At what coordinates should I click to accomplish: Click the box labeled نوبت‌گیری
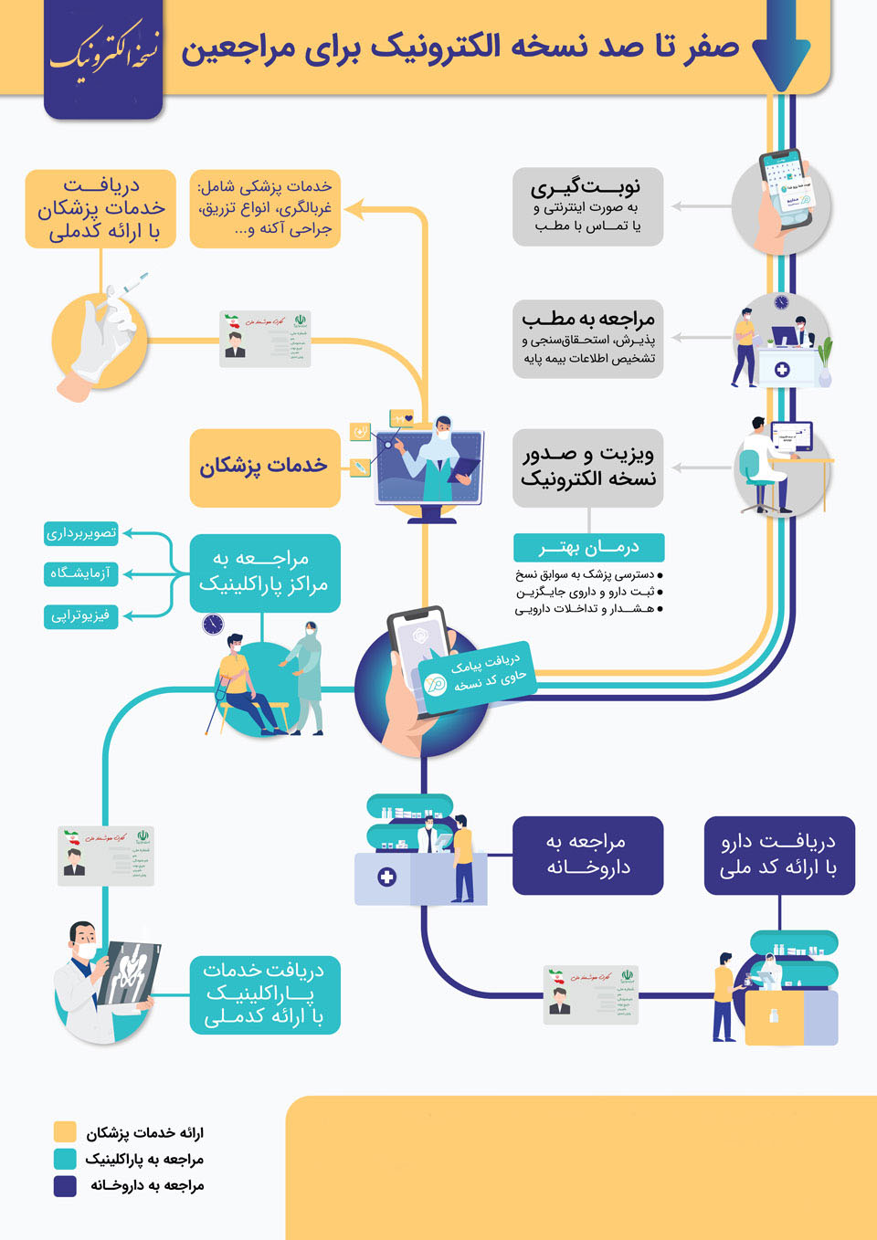pos(587,206)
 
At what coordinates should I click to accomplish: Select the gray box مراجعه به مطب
pos(587,339)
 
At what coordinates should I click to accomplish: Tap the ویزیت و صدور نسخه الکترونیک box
pos(587,467)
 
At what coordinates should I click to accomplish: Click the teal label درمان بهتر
pos(588,547)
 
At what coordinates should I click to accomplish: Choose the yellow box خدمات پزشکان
pos(265,468)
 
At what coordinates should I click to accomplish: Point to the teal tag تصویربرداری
pos(81,533)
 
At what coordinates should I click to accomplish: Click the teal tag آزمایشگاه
pos(81,573)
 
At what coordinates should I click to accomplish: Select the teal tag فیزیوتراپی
pos(81,615)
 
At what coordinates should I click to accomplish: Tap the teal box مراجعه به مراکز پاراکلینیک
pos(265,573)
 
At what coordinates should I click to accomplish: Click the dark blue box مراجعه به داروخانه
pos(587,855)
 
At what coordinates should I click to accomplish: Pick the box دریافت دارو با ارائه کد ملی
pos(779,855)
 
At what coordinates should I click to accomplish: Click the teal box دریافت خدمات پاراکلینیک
pos(265,994)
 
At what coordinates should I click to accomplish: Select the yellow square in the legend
pos(65,1132)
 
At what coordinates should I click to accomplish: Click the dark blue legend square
pos(65,1185)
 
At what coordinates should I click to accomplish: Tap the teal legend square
pos(65,1159)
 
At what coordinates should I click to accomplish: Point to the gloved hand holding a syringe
pos(102,333)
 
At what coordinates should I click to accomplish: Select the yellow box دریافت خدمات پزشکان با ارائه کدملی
pos(100,209)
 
